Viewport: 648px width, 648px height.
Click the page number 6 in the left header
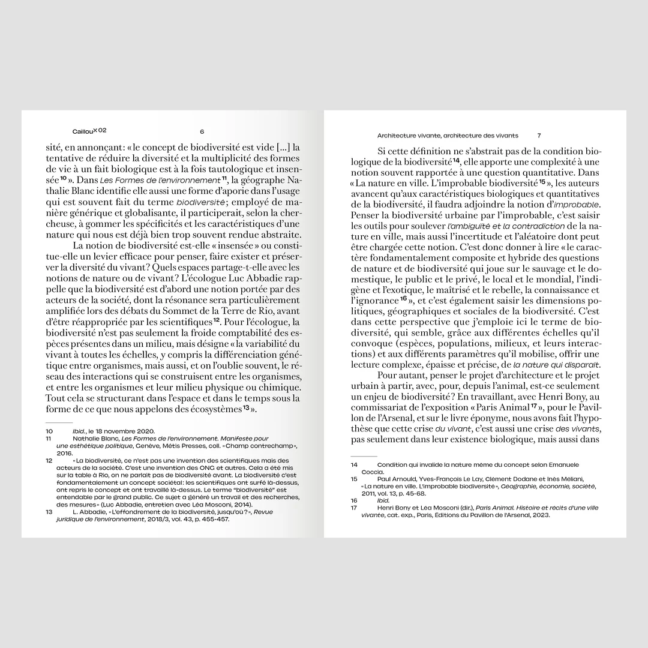point(202,132)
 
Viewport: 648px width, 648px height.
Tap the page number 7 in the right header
point(539,136)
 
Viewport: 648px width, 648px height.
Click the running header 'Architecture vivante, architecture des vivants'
point(447,136)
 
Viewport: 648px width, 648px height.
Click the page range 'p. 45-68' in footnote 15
point(411,493)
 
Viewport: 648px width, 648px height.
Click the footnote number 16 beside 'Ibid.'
point(354,500)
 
